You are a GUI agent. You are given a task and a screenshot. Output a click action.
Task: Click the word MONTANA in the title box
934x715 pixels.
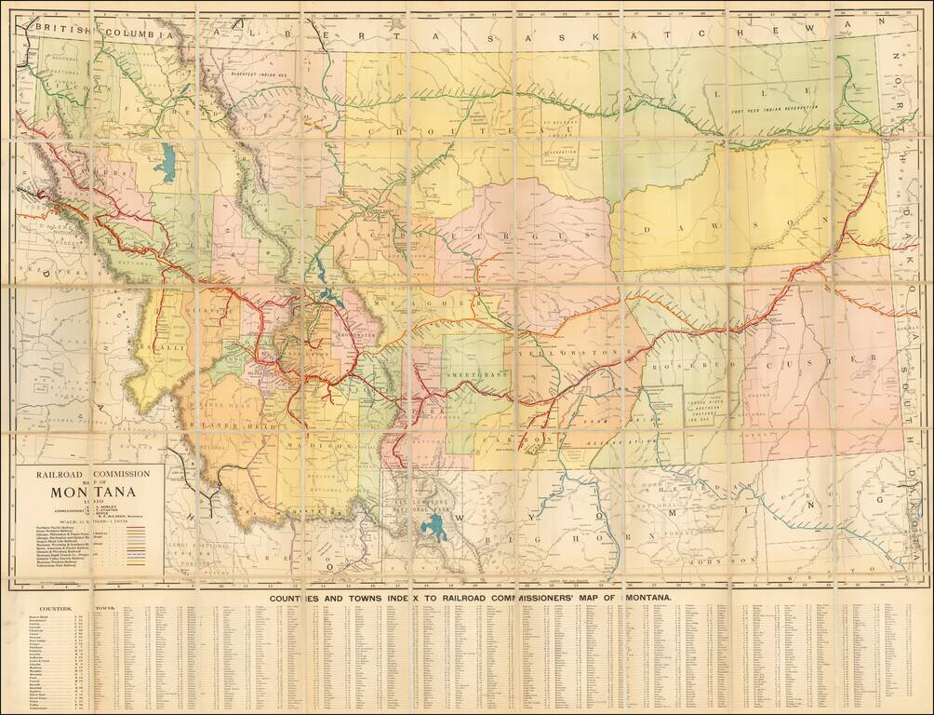[x=92, y=492]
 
